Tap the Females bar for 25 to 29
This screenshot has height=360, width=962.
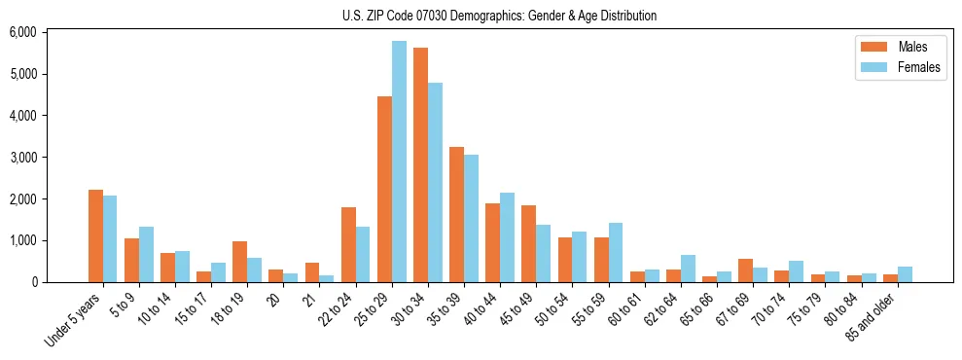(x=399, y=162)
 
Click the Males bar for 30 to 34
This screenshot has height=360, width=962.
(x=420, y=165)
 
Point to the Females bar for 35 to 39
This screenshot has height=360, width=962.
(x=471, y=219)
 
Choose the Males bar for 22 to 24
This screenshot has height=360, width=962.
(x=348, y=245)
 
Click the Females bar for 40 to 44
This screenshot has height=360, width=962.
(x=507, y=237)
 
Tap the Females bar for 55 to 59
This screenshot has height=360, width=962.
(x=615, y=253)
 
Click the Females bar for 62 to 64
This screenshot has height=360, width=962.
(x=688, y=269)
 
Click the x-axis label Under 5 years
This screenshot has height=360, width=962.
(x=74, y=319)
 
